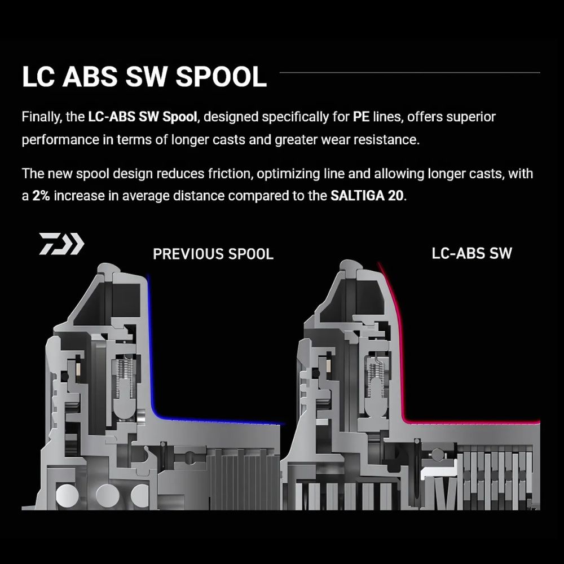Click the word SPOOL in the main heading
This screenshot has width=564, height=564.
(x=221, y=77)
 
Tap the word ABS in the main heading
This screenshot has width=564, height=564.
(x=90, y=77)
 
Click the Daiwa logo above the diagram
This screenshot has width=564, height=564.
(x=61, y=244)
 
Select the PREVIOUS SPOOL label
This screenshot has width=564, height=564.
(x=213, y=254)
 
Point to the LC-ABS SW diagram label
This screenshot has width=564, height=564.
(x=472, y=253)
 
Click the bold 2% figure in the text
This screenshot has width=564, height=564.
(x=41, y=196)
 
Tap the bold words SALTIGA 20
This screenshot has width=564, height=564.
(x=367, y=196)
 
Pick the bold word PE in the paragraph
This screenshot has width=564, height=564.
(x=361, y=117)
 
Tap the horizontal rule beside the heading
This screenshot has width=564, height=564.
(x=409, y=73)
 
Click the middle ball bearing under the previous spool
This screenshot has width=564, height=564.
(x=108, y=496)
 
